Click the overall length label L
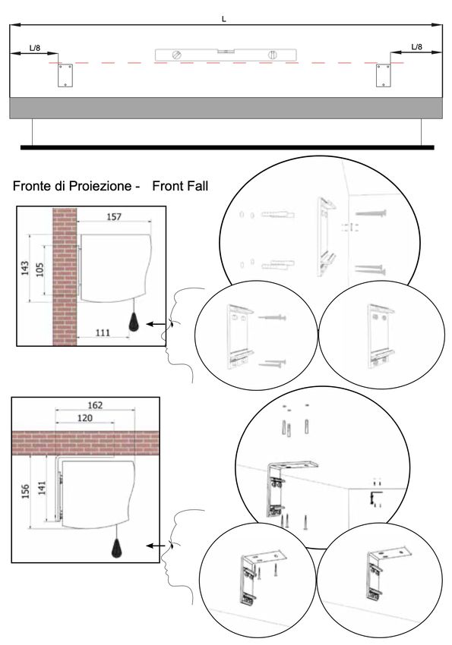coord(223,19)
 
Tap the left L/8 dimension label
coord(35,48)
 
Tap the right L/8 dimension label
coord(416,46)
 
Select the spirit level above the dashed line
coord(226,55)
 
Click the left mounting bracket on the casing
coord(65,75)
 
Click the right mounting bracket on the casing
coord(384,75)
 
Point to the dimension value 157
coord(114,216)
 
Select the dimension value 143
coord(25,268)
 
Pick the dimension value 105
coord(40,270)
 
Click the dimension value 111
coord(103,332)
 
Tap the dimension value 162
coord(95,404)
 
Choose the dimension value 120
coord(85,418)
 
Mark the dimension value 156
coord(25,492)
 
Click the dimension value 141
coord(42,488)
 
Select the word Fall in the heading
coord(195,186)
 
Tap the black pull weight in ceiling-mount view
coord(117,548)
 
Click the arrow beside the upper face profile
coord(156,324)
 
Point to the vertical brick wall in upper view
coord(65,276)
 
